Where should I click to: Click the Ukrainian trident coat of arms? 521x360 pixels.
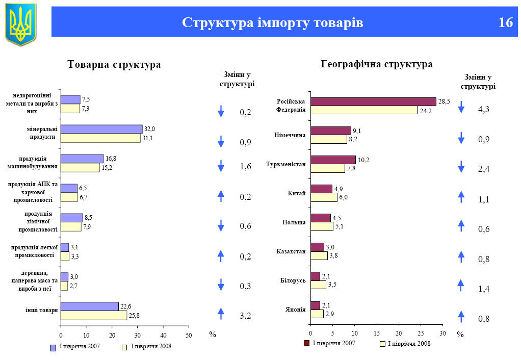pos(21,23)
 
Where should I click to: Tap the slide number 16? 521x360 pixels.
pos(505,22)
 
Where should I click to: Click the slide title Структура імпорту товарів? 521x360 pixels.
pos(273,23)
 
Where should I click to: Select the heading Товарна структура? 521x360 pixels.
pos(114,65)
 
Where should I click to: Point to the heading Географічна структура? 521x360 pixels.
pos(377,64)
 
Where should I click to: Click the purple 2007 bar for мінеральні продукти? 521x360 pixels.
pos(101,129)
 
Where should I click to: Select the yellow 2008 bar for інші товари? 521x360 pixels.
pos(94,316)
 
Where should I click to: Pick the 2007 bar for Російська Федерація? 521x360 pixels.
pos(373,101)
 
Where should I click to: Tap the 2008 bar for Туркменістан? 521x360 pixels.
pos(327,168)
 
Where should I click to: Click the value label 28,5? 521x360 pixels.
pos(445,101)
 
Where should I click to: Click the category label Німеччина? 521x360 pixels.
pos(290,135)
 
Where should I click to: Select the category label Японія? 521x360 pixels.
pos(296,309)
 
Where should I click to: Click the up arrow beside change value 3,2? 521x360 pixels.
pos(221,314)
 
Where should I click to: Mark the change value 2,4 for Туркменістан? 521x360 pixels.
pos(484,169)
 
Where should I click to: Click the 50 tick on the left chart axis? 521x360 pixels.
pos(189,335)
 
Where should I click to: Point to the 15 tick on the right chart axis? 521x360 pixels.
pos(377,333)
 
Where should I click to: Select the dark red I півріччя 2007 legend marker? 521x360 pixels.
pos(307,343)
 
